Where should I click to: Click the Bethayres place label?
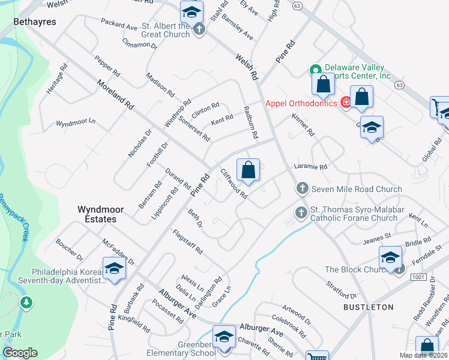(35, 22)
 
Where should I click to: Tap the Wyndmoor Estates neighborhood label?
(97, 214)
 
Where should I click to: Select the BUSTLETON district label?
(368, 307)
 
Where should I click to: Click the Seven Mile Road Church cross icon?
(302, 189)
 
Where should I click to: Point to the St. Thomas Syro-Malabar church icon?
(302, 212)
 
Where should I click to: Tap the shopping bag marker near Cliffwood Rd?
(248, 170)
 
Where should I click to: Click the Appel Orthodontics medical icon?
(345, 103)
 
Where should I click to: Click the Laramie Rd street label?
(310, 167)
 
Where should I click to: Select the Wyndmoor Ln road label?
(76, 122)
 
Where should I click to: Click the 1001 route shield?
(418, 277)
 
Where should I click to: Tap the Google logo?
(20, 353)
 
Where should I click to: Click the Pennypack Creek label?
(14, 216)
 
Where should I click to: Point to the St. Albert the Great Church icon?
(199, 28)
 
